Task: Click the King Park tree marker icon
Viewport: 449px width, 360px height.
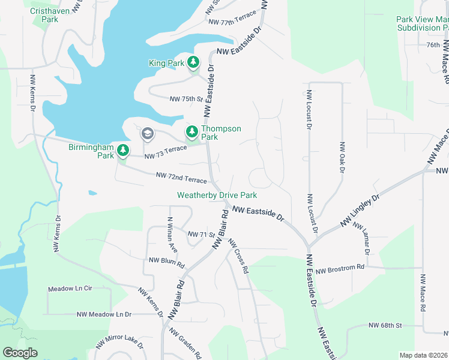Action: point(193,62)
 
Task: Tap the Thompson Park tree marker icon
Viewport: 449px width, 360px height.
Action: point(192,131)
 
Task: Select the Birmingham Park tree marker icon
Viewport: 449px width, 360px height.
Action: point(123,150)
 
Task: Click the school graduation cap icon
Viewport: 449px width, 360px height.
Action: point(147,133)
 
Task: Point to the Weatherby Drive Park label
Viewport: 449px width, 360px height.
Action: point(217,195)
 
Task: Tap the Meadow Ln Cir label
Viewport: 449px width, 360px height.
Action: point(71,289)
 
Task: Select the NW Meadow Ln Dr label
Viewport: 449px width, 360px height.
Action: point(104,314)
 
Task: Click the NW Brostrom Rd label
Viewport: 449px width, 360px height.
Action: point(340,266)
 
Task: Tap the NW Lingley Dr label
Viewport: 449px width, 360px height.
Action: point(360,211)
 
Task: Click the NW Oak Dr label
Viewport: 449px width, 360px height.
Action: point(343,158)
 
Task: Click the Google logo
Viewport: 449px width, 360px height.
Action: point(20,353)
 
